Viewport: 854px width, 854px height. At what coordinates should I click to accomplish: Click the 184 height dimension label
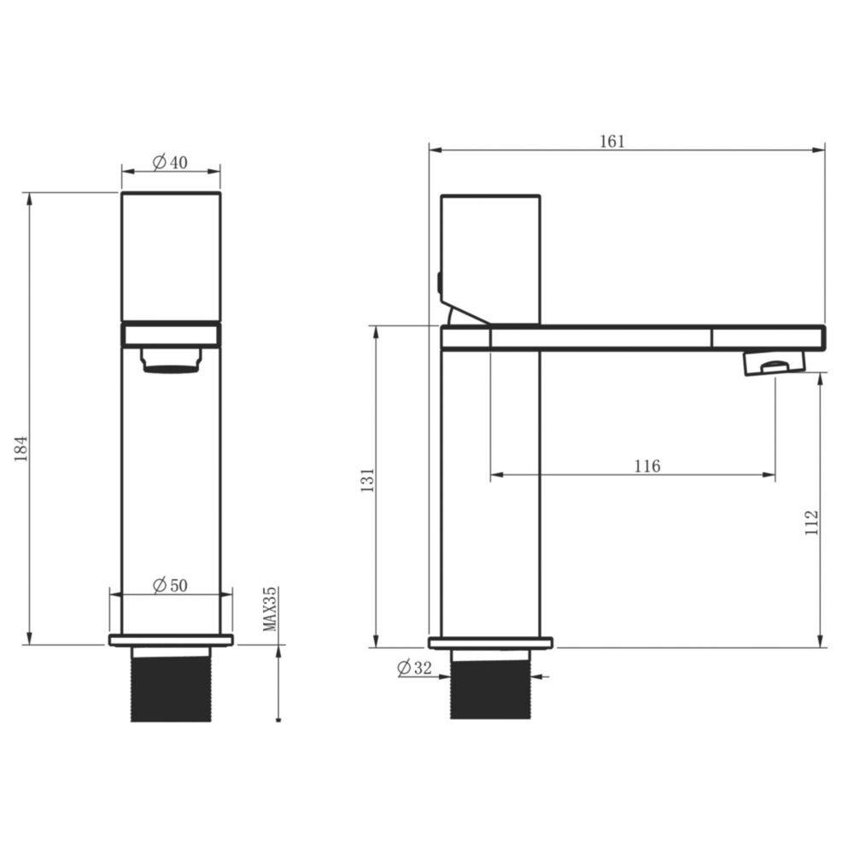tap(21, 448)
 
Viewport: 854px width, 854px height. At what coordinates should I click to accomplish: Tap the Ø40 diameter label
tap(170, 162)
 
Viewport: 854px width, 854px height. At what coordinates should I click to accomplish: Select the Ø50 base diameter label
tap(170, 586)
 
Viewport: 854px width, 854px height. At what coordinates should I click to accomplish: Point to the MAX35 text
tap(270, 609)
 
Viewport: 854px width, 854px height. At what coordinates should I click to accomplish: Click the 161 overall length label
tap(612, 141)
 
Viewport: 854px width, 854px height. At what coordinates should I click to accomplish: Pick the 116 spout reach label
tap(647, 466)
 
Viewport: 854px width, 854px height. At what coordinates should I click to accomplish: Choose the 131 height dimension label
tap(368, 480)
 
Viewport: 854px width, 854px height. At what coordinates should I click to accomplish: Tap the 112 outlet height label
tap(811, 523)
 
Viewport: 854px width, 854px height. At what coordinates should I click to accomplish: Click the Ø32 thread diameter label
tap(414, 667)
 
